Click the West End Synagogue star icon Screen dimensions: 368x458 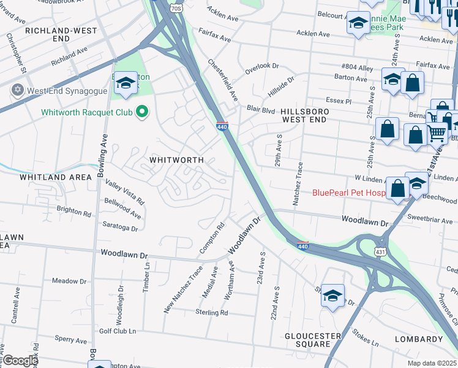pos(17,90)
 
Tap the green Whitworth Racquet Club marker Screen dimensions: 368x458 pos(143,112)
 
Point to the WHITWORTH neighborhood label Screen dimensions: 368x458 pos(177,159)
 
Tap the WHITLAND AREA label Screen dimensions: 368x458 pos(55,177)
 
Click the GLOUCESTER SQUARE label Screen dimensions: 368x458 pos(312,340)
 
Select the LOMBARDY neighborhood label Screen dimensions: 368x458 pos(418,339)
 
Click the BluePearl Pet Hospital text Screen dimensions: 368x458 pos(349,193)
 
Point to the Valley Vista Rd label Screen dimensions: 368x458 pos(124,192)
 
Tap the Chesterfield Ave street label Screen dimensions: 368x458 pos(223,80)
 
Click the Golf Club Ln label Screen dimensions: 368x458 pos(117,331)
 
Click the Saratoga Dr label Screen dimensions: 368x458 pos(120,227)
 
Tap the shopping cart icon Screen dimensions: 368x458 pos(437,132)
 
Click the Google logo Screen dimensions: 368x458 pos(20,361)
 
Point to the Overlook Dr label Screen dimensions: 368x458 pos(261,66)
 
